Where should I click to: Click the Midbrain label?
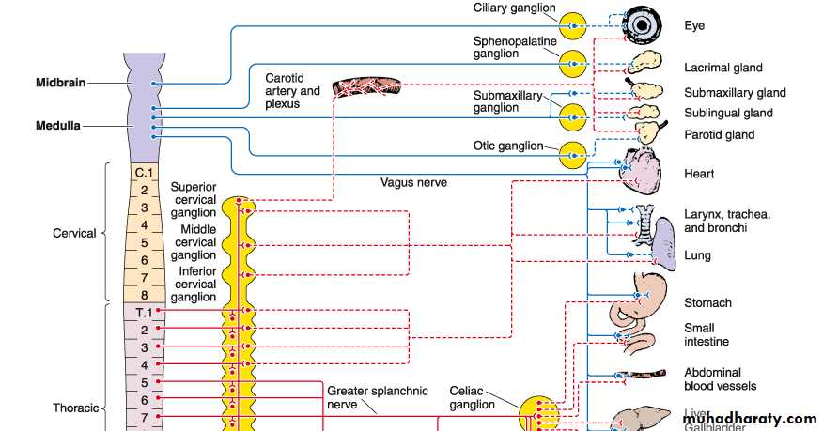(61, 83)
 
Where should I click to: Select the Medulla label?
(59, 125)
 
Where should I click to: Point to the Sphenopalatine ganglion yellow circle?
(572, 64)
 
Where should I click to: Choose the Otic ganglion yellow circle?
(572, 154)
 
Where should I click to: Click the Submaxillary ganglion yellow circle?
(572, 116)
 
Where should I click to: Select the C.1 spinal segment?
(143, 173)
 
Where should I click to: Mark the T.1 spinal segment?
(143, 312)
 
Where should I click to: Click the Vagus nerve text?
(413, 182)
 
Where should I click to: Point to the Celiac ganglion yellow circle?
(539, 409)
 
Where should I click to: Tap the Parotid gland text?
(719, 135)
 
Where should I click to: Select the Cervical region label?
(74, 233)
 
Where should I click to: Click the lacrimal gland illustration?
(644, 64)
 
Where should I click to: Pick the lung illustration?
(665, 242)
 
